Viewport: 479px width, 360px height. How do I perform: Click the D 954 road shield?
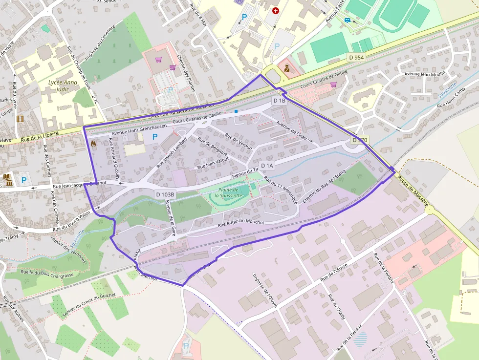coord(357,58)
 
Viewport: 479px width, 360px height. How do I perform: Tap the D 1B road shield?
coord(279,100)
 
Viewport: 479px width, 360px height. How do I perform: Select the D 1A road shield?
coord(267,166)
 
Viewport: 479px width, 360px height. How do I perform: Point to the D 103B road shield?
coord(165,194)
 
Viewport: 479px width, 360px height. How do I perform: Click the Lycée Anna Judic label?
coord(63,86)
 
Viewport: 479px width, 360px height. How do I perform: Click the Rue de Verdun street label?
coord(239,141)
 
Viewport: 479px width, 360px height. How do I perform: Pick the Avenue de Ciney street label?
coord(291,130)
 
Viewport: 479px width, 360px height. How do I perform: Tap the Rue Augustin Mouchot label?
coord(240,223)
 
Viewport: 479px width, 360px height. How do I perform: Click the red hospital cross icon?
coord(276,10)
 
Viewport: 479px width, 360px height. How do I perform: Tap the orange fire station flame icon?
coord(93,144)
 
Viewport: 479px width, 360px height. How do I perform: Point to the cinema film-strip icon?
coord(20,119)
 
